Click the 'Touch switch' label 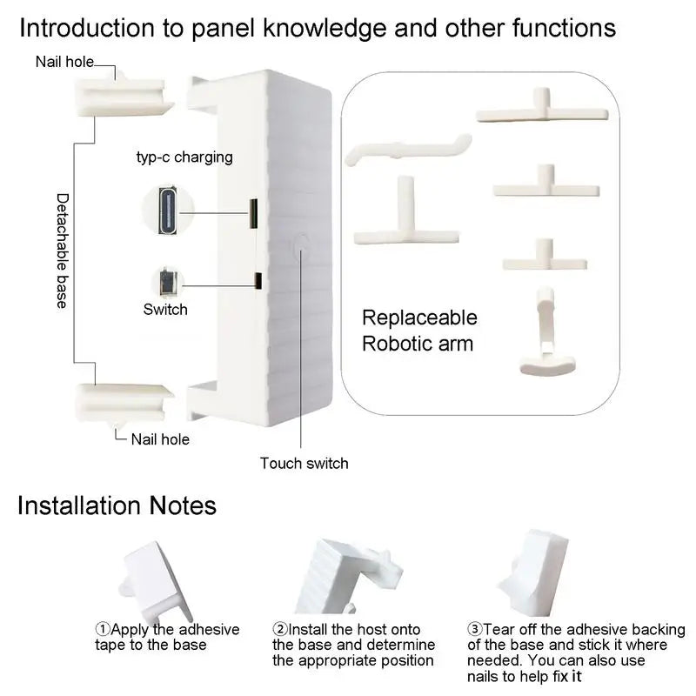304,463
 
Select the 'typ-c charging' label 184,157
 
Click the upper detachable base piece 125,95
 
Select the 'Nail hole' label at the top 64,62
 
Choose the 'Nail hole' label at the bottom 160,439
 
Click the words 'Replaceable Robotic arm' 418,331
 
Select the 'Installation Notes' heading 117,505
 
